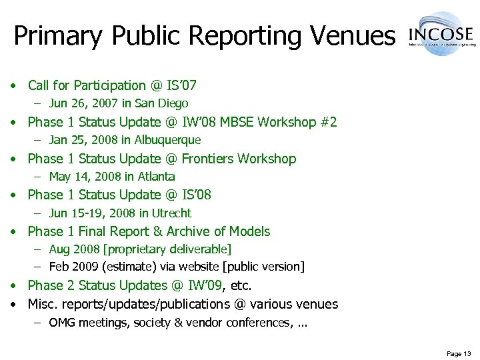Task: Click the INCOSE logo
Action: [441, 33]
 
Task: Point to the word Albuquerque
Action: [167, 140]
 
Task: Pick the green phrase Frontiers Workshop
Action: [239, 159]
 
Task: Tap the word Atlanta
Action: [155, 177]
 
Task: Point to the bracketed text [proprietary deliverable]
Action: [175, 249]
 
